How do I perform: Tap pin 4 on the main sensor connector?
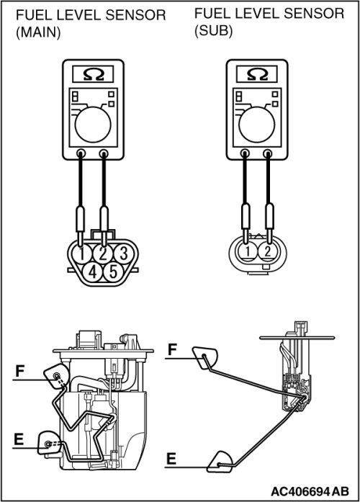pos(93,272)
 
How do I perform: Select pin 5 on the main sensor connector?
pos(113,272)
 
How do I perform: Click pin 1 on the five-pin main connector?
pos(81,254)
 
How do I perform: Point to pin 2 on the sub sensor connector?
pos(268,251)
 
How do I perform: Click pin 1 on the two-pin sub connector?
pos(248,251)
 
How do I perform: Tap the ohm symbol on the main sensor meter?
pos(93,74)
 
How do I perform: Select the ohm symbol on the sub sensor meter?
pos(257,74)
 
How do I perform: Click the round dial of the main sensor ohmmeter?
pos(93,125)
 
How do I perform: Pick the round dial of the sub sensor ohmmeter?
pos(257,125)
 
